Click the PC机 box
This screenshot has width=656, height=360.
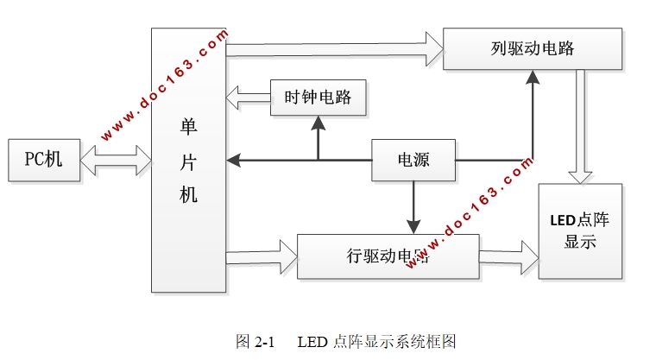pos(43,159)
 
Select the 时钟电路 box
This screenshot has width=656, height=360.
pos(318,98)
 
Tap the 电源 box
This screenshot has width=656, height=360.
pos(413,160)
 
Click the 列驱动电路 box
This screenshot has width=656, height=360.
pos(532,48)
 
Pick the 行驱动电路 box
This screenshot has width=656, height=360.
pos(388,256)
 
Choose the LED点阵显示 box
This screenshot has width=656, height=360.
pos(579,231)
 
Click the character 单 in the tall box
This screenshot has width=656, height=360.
pos(188,126)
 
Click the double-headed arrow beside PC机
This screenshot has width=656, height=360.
pos(116,160)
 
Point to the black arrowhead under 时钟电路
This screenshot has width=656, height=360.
pos(319,123)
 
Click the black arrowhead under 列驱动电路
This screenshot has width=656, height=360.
pos(533,78)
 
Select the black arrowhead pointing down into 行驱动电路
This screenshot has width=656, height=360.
pos(413,226)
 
